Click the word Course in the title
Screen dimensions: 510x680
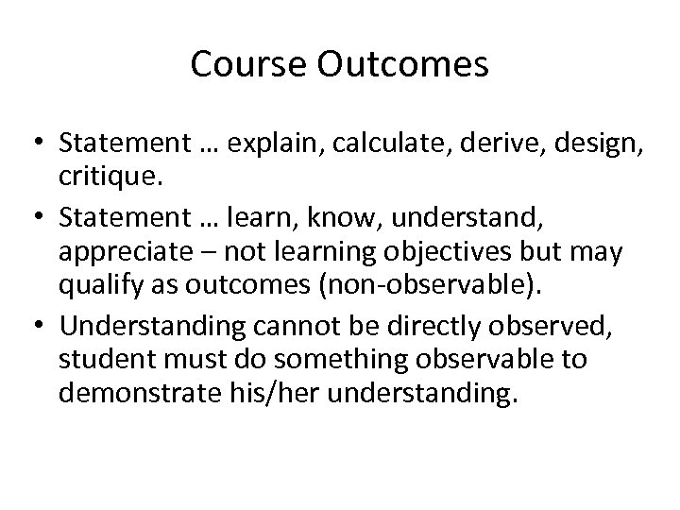pos(242,64)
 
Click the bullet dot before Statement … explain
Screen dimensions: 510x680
pos(42,143)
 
